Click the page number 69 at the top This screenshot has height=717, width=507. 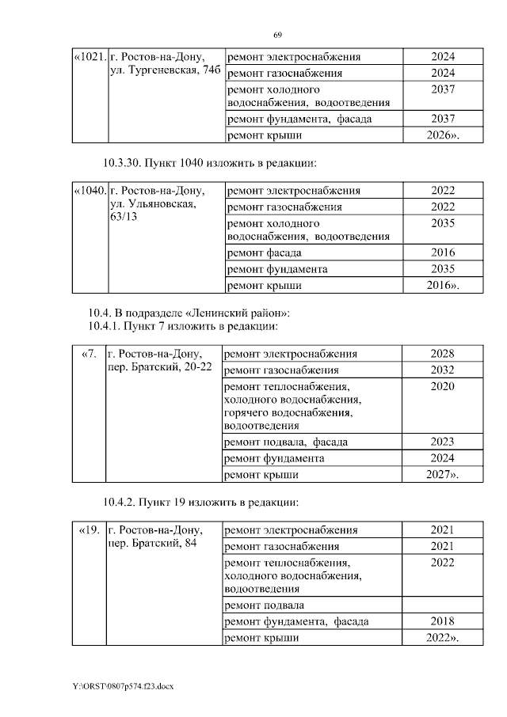(278, 36)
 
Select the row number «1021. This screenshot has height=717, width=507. (89, 57)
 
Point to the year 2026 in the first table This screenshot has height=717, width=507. (442, 135)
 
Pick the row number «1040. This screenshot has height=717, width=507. (89, 191)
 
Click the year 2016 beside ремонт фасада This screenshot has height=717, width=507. (443, 252)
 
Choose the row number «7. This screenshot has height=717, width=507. (89, 353)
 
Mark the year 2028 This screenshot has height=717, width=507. (442, 353)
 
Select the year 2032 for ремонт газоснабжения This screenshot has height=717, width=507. (442, 370)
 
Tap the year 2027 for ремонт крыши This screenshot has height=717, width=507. (440, 474)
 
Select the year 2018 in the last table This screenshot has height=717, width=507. (442, 621)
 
